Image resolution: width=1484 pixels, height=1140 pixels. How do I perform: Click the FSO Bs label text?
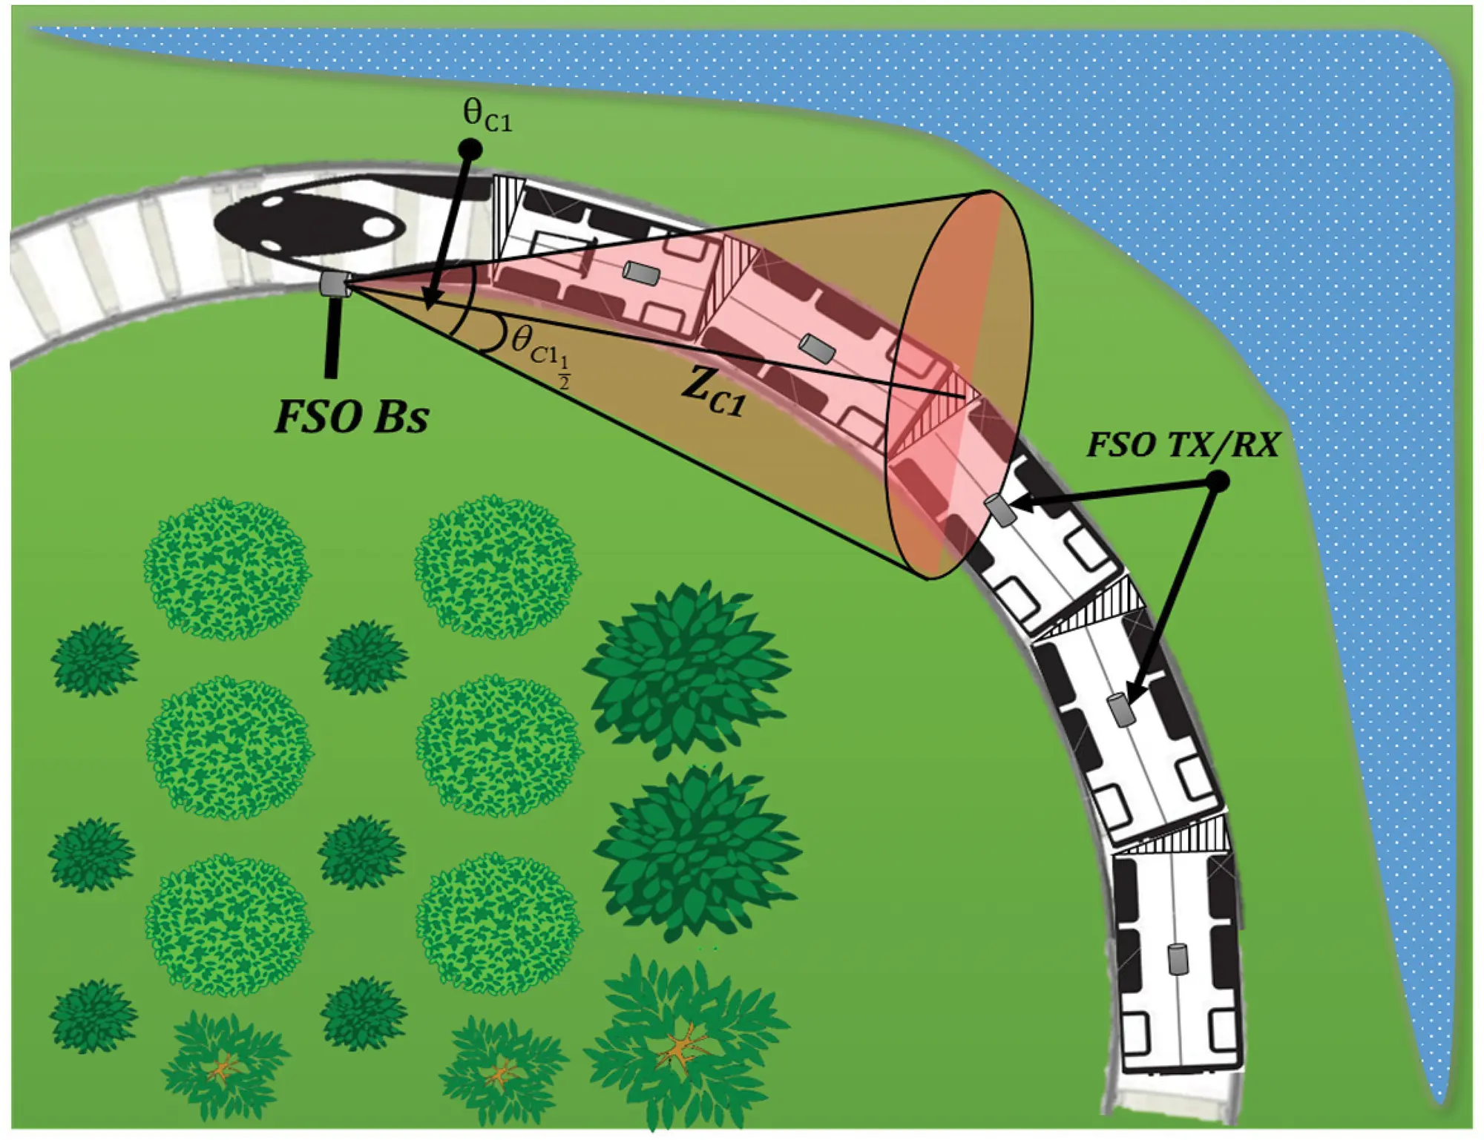pos(352,416)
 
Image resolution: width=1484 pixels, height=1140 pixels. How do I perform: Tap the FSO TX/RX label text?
pos(1183,445)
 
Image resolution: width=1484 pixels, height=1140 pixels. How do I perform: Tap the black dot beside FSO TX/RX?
pos(1218,483)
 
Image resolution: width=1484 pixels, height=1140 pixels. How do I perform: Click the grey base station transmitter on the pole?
pos(335,283)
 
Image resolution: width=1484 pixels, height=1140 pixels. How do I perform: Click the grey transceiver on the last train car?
pos(1178,959)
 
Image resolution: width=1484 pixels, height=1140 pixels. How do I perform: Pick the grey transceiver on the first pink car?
pos(641,274)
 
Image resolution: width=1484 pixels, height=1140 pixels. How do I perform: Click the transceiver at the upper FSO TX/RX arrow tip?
pos(999,510)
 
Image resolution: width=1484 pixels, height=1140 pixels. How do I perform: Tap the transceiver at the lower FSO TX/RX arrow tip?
pos(1121,711)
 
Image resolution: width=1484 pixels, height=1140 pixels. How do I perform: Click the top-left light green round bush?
pos(226,568)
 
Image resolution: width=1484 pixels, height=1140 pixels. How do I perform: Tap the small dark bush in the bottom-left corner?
pos(93,1016)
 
